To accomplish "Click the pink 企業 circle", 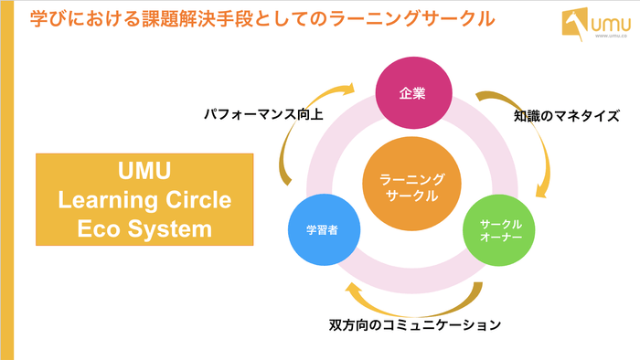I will (412, 93).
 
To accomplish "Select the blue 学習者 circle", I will (320, 229).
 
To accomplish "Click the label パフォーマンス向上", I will (263, 115).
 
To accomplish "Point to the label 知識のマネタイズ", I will (562, 116).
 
